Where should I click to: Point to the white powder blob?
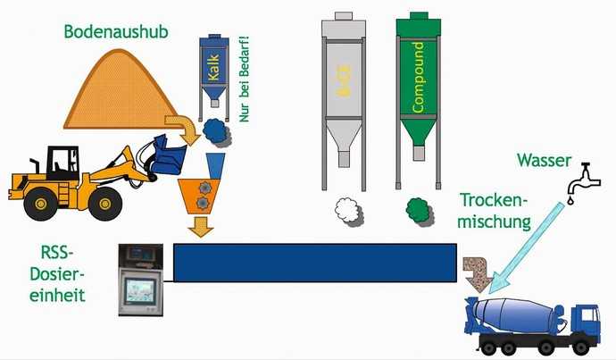pyautogui.click(x=346, y=211)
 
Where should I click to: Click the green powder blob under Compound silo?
pyautogui.click(x=417, y=211)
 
